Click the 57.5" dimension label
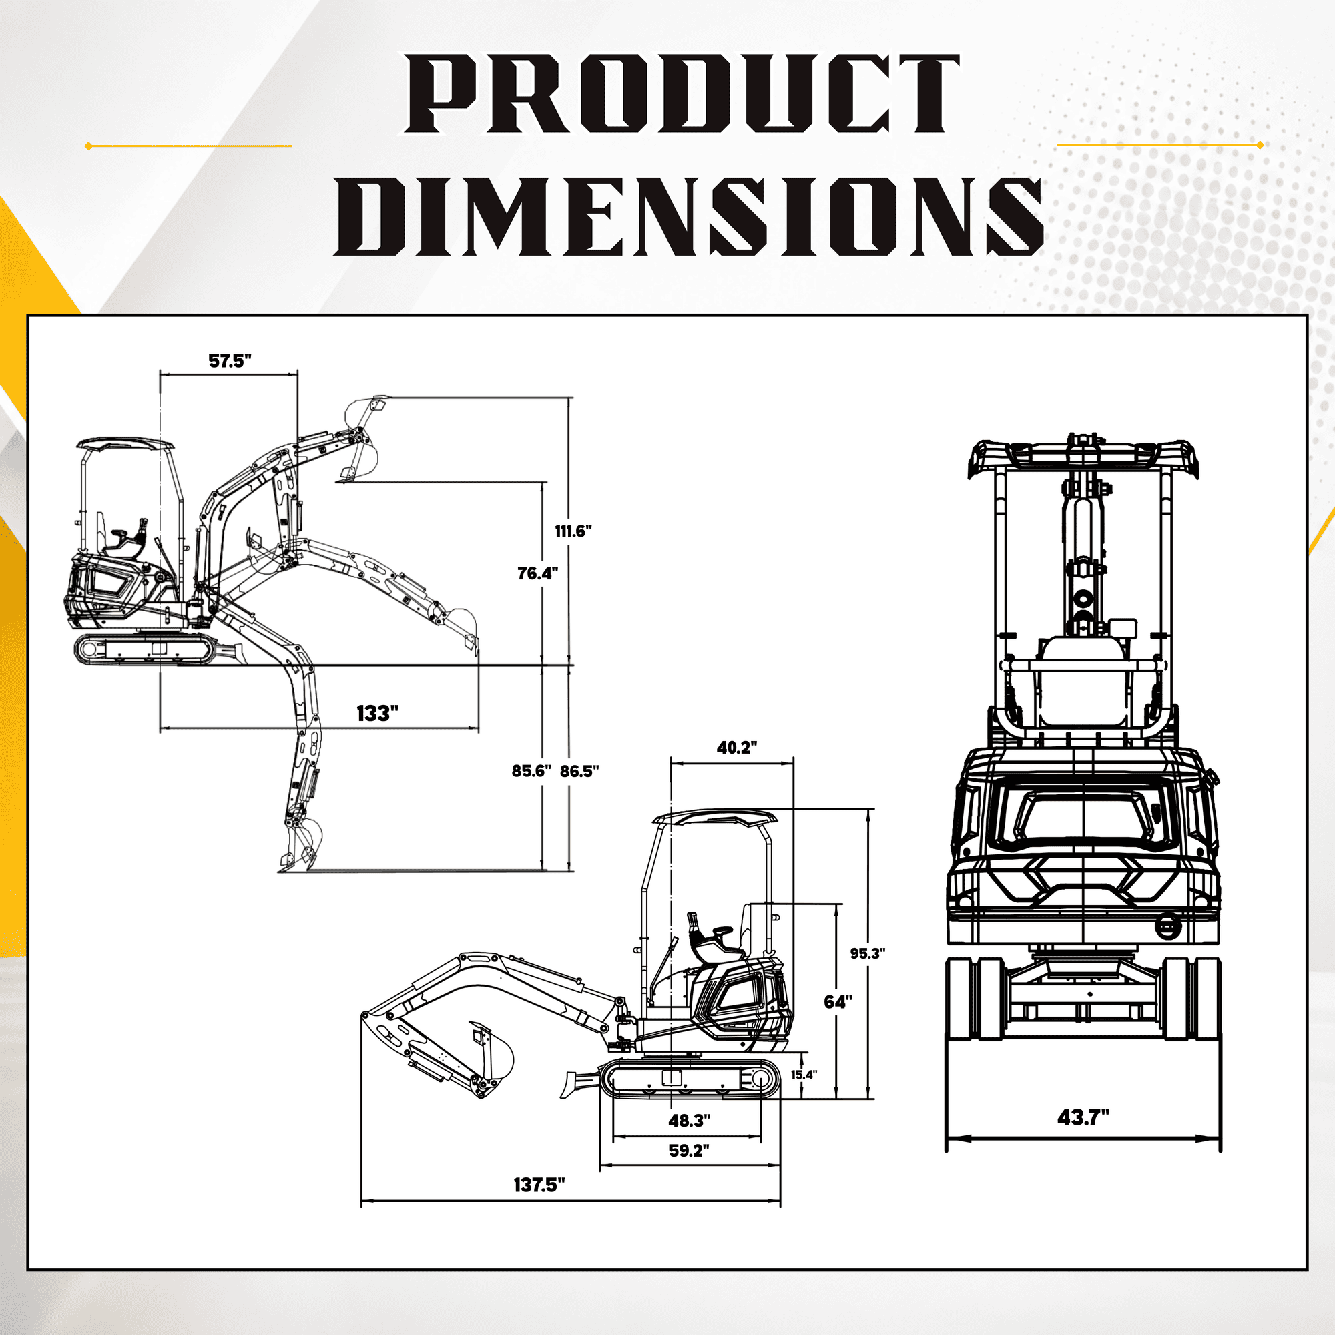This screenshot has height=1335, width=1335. (230, 360)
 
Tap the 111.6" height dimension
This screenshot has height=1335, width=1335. (573, 531)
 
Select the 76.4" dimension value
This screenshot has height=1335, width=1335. (537, 573)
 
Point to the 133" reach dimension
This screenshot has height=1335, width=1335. (377, 713)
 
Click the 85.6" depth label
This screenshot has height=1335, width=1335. (531, 770)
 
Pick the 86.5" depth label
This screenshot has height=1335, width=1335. (579, 770)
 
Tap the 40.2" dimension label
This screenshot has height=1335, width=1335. (737, 747)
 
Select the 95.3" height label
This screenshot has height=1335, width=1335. (867, 953)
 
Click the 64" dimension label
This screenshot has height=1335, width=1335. (838, 1001)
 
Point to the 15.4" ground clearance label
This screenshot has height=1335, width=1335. (804, 1075)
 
